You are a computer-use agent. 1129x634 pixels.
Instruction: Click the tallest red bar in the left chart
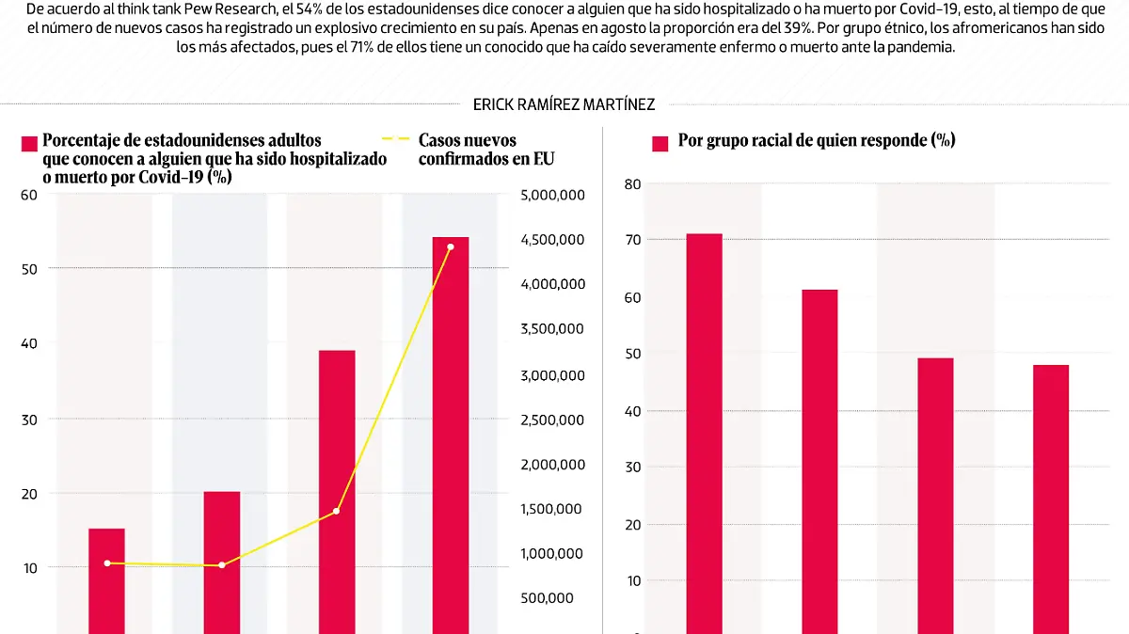pos(450,433)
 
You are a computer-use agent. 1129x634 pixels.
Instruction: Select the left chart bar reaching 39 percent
pos(337,489)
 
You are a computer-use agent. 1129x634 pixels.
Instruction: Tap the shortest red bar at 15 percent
pos(106,579)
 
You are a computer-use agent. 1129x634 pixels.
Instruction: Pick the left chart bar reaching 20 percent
pos(222,560)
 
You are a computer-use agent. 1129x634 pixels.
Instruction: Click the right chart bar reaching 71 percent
pos(704,433)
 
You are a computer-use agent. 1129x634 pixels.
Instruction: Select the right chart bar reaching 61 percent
pos(819,461)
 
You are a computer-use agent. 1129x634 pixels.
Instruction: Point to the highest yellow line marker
pos(451,246)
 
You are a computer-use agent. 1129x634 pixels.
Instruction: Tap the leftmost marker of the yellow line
pos(107,563)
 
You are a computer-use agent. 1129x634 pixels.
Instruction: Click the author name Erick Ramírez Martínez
pos(564,105)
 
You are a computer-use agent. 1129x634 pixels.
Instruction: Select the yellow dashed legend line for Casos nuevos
pos(402,139)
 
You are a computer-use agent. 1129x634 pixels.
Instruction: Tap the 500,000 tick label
pos(547,598)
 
